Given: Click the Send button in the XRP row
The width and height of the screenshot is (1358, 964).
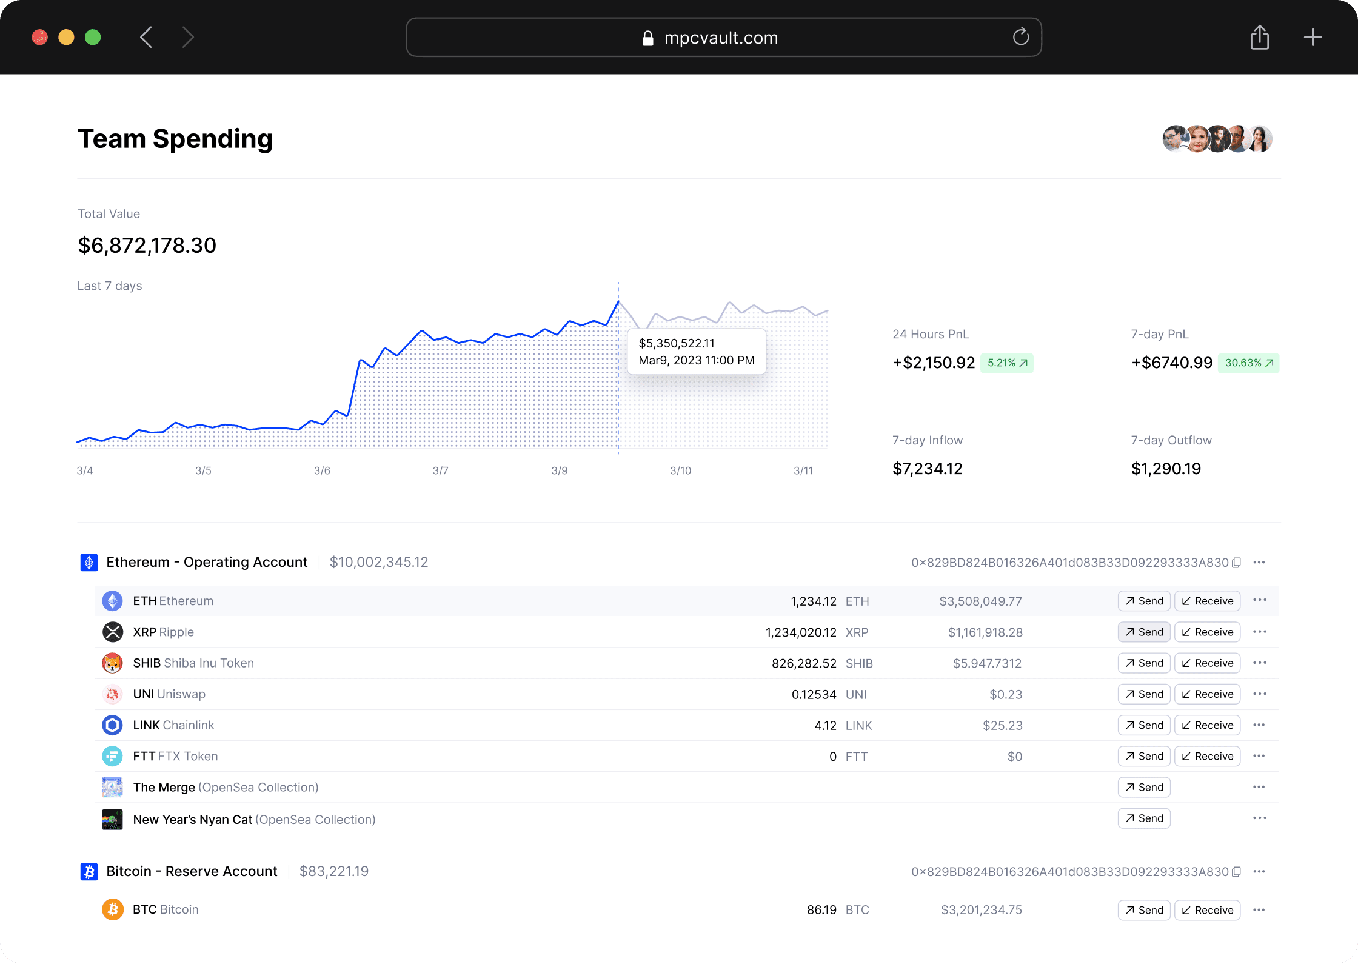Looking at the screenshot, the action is pos(1144,632).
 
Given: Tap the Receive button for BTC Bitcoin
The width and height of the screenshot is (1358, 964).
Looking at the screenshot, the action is pos(1208,910).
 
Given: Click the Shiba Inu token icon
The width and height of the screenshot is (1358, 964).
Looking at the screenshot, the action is pos(112,663).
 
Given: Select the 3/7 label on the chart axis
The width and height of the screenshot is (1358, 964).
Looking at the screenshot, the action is pos(441,470).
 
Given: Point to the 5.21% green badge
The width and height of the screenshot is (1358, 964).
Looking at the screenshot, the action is pos(1007,363).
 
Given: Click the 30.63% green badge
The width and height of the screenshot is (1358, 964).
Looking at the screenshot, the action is pos(1249,363).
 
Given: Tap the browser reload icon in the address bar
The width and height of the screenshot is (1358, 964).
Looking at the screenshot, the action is pos(1021,37).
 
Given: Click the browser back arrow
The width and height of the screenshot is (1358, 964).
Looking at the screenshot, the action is pos(146,38).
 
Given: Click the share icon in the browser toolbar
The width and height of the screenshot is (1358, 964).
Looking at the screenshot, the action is pos(1260,38).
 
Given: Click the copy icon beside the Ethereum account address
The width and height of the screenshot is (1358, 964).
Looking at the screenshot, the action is pos(1237,563).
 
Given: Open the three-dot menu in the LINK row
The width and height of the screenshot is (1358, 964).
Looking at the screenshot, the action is pos(1259,725).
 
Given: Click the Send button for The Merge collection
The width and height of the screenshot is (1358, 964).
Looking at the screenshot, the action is pos(1144,788).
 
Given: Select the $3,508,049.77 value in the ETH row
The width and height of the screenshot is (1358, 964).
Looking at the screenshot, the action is pos(981,601).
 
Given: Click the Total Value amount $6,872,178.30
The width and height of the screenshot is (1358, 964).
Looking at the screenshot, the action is pos(147,246).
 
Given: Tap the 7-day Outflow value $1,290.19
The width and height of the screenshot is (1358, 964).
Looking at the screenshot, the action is pos(1166,469).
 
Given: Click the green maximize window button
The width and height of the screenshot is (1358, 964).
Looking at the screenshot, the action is pos(93,38).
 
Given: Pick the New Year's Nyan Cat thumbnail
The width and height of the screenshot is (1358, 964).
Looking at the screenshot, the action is pos(112,820).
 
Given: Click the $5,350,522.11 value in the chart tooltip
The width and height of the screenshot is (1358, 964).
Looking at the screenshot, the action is pos(677,343).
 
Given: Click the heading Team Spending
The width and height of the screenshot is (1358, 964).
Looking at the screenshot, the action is pos(175,139).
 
